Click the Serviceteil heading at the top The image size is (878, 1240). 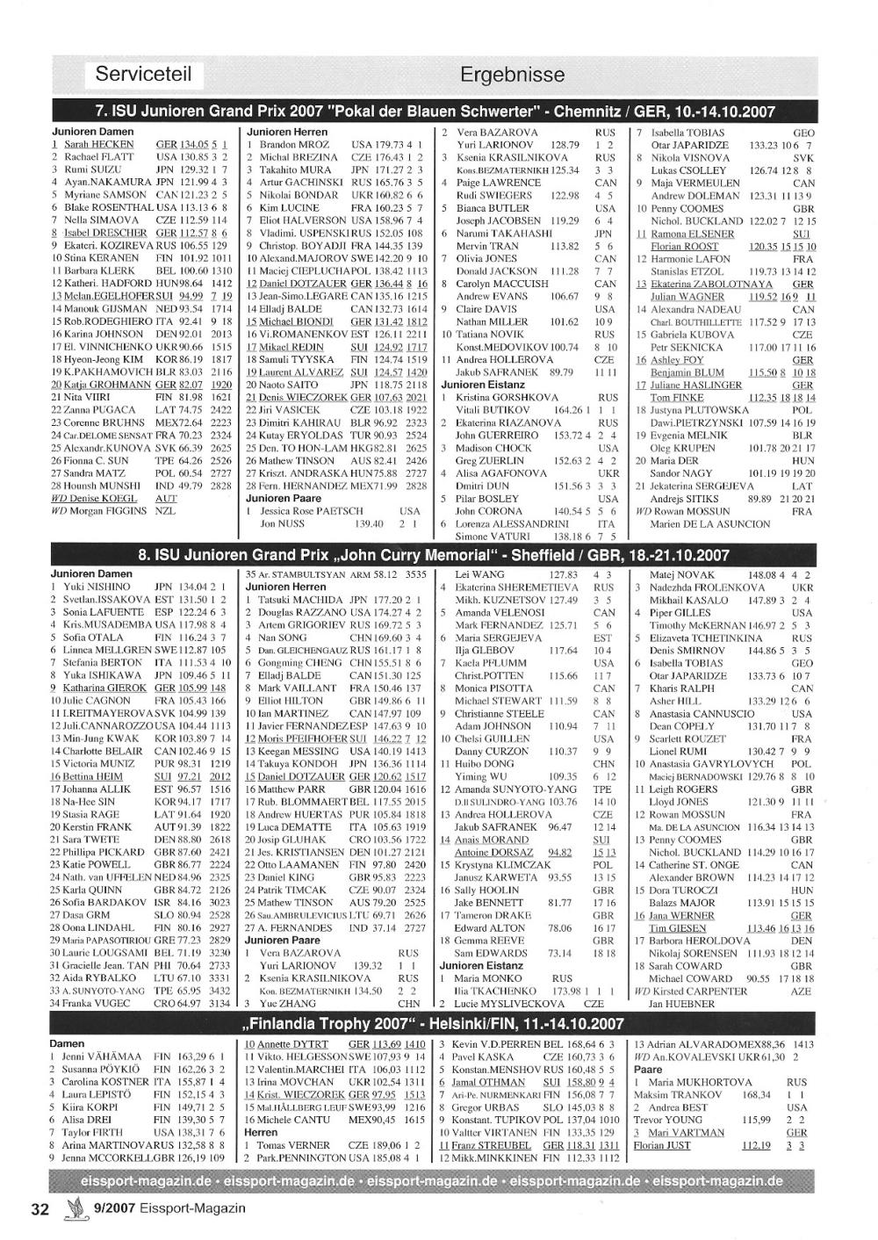click(x=143, y=74)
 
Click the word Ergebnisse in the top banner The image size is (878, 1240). click(x=512, y=75)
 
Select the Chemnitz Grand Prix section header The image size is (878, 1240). click(x=435, y=112)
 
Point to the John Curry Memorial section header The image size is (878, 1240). click(x=435, y=555)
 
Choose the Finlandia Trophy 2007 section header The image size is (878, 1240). click(x=435, y=1024)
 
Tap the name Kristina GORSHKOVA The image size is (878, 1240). click(x=506, y=398)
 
